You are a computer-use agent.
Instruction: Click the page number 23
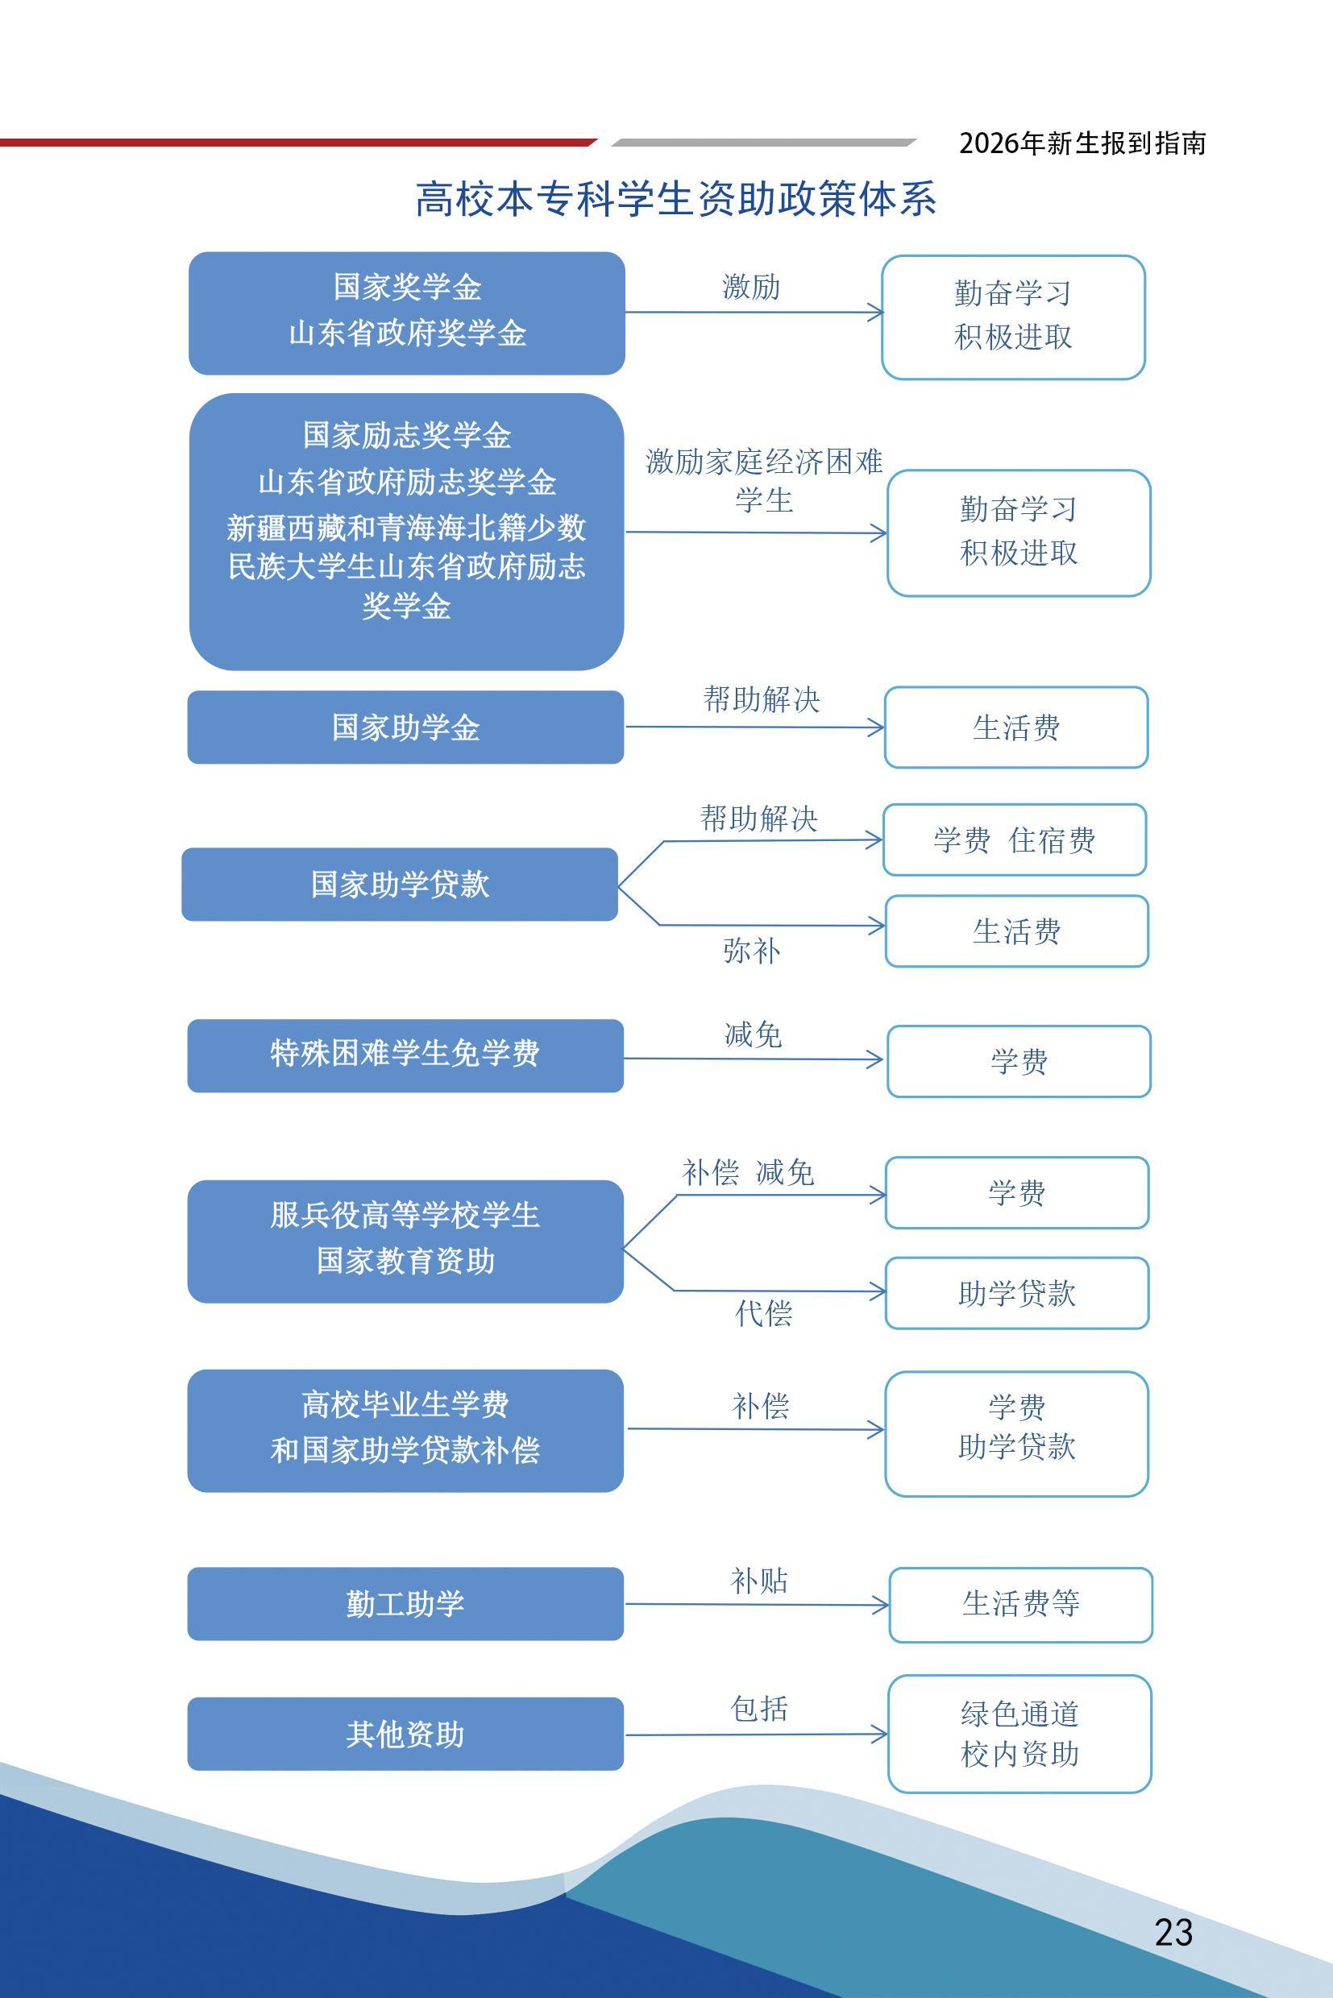coord(1173,1932)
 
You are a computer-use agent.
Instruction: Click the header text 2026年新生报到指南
coord(1082,143)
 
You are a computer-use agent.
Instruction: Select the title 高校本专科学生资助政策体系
coord(676,199)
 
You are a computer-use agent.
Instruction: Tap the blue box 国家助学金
coord(405,727)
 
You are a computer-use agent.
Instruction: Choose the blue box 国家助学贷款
coord(400,884)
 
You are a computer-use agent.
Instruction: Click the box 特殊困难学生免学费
coord(405,1055)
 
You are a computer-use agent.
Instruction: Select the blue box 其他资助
coord(405,1734)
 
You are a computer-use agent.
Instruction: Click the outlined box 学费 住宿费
coord(1014,839)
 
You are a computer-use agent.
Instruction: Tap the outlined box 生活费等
coord(1020,1605)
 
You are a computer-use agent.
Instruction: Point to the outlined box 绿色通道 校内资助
coord(1019,1734)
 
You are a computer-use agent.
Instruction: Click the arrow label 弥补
coord(751,951)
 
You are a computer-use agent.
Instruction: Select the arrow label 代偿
coord(763,1313)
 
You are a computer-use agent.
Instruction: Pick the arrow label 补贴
coord(759,1581)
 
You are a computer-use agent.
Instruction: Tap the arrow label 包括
coord(759,1708)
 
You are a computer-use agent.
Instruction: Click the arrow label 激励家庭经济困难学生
coord(764,480)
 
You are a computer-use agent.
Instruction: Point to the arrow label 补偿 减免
coord(748,1173)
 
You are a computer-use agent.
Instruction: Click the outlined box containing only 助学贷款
coord(1017,1294)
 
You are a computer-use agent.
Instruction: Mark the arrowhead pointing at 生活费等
coord(881,1606)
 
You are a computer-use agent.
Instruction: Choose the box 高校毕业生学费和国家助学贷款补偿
coord(405,1430)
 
